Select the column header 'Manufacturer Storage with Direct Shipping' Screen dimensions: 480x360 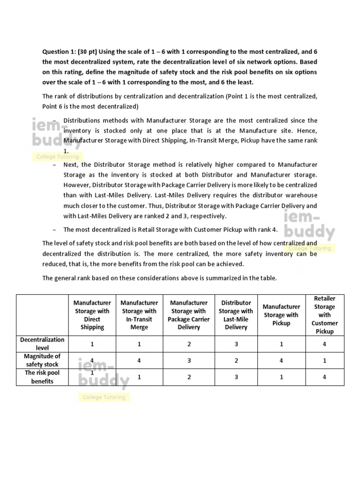pos(92,315)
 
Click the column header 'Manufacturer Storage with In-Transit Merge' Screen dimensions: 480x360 pos(139,315)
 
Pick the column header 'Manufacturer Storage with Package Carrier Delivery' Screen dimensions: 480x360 pos(188,315)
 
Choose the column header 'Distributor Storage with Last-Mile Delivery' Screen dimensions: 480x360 pos(236,315)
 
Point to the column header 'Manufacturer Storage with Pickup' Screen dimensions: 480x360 pos(281,315)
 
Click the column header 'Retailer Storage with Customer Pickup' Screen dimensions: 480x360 pos(324,315)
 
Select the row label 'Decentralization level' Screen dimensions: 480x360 pos(42,344)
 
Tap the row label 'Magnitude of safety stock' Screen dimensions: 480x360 pos(42,360)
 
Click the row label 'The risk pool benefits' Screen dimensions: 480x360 pos(42,377)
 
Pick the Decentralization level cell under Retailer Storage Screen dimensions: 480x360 pos(324,344)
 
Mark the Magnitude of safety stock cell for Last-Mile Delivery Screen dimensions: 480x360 pos(236,360)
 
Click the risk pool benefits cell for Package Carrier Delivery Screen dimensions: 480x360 pos(188,377)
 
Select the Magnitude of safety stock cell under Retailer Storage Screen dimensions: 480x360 pos(324,360)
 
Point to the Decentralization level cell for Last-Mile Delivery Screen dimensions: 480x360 pos(236,344)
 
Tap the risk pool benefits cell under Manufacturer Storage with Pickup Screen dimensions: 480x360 pos(281,377)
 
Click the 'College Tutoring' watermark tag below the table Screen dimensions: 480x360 pos(104,397)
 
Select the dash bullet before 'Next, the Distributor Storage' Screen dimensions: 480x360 pos(55,165)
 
